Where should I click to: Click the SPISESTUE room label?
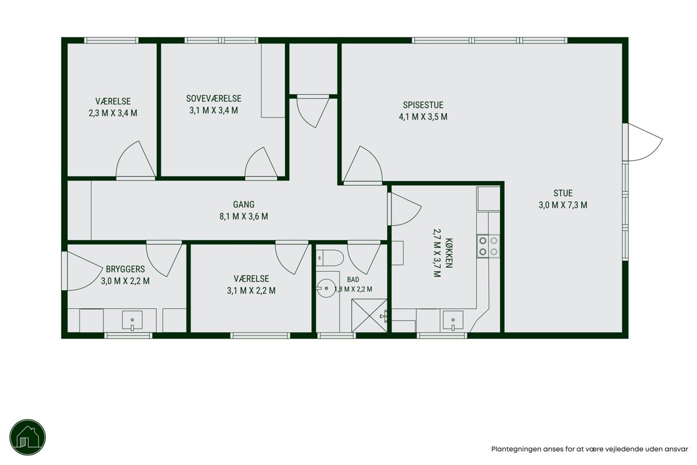tap(423, 105)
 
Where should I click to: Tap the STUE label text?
tap(563, 193)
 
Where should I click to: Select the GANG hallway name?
tap(243, 204)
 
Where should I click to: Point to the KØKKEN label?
tap(449, 253)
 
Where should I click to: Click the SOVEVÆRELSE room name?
tap(214, 99)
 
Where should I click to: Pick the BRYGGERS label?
tap(125, 269)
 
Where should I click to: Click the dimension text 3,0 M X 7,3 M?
tap(563, 205)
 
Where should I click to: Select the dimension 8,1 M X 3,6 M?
tap(243, 216)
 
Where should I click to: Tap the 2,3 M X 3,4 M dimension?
tap(113, 113)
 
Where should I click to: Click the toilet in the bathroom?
tap(330, 258)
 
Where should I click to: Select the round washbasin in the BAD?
tap(326, 288)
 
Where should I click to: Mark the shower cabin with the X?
tap(369, 315)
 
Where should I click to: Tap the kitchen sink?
tap(453, 320)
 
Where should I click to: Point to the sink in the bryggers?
tap(132, 320)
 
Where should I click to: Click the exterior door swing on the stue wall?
tap(645, 142)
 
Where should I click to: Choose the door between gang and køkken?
tap(404, 209)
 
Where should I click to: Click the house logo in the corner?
tap(28, 437)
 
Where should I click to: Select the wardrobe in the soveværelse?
tap(273, 81)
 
